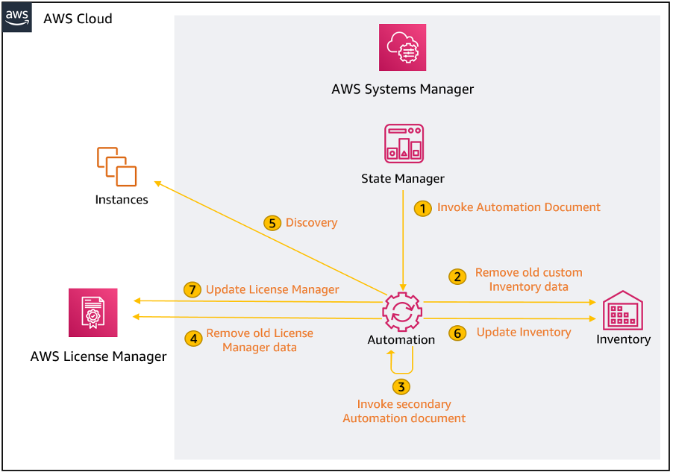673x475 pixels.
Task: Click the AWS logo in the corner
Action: point(17,16)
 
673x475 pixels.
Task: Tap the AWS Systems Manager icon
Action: point(402,48)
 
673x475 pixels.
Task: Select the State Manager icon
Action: point(403,144)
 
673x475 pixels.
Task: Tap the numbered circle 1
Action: point(423,208)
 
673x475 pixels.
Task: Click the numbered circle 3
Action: point(401,386)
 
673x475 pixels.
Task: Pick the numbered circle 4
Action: point(193,339)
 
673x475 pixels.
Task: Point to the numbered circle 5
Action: point(272,222)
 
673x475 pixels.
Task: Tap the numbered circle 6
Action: point(457,333)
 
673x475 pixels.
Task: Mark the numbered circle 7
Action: point(192,289)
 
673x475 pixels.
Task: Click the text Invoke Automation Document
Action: point(519,207)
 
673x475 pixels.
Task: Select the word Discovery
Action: point(311,222)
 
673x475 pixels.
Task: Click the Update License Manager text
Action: point(272,289)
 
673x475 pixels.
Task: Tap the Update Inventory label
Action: point(524,333)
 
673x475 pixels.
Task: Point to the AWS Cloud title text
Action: point(78,19)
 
